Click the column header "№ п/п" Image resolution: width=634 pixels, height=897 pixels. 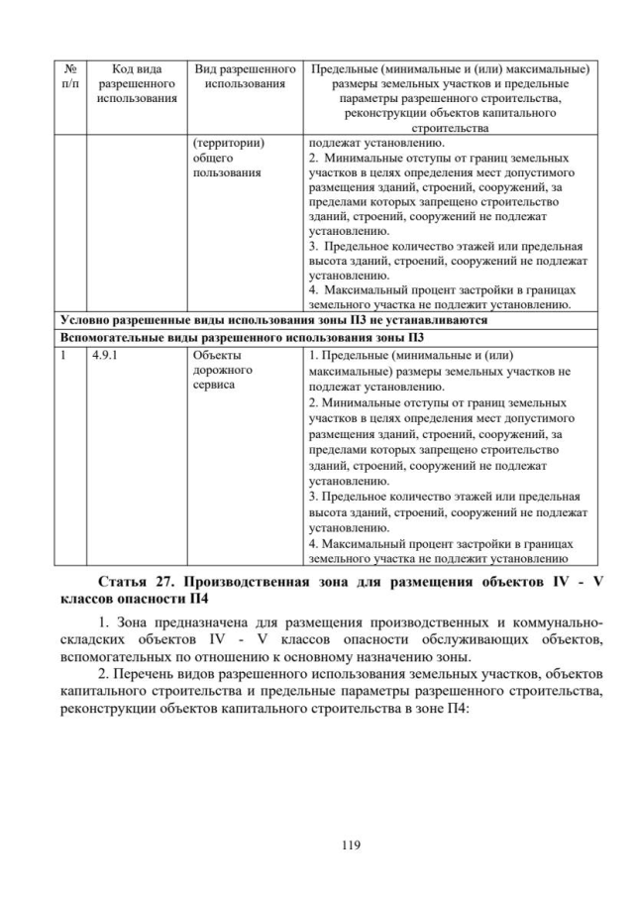[x=70, y=76]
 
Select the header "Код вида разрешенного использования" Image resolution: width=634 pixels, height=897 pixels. [x=137, y=83]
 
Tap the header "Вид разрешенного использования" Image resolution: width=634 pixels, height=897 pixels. [x=246, y=76]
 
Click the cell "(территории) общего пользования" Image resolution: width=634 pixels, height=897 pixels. [x=228, y=158]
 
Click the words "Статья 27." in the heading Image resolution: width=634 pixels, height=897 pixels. [x=139, y=581]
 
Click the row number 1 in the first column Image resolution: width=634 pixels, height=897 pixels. [x=64, y=353]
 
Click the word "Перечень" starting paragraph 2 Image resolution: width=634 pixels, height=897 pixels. [x=149, y=673]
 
